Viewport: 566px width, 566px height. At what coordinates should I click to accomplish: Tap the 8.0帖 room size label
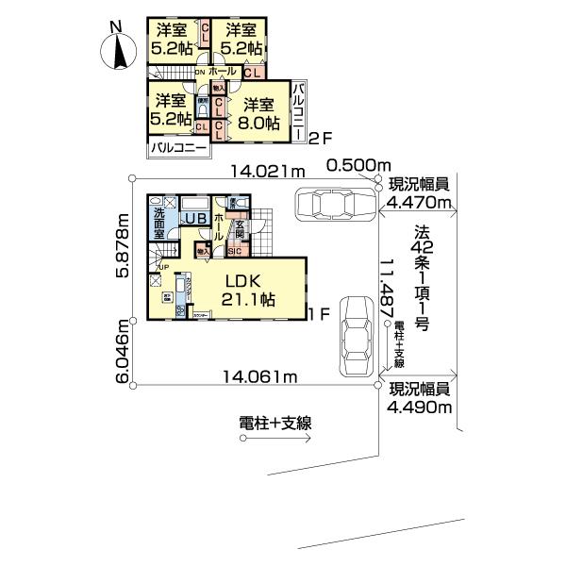point(257,123)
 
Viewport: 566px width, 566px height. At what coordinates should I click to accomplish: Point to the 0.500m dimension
point(358,166)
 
